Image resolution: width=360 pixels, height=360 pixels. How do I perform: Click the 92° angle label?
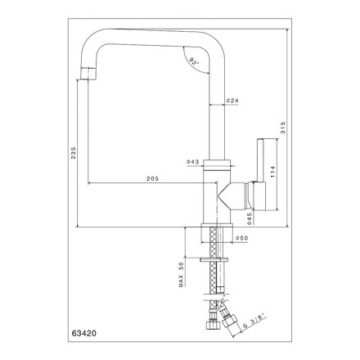pos(194,61)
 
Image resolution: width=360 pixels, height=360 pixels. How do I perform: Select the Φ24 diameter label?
pos(232,101)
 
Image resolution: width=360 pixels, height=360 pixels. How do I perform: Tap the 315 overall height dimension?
pos(283,128)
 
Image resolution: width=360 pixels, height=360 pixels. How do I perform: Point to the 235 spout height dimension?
pos(74,153)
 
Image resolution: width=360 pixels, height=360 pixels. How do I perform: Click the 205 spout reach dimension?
pos(153,178)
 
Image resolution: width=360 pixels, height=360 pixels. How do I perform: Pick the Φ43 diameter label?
pos(193,162)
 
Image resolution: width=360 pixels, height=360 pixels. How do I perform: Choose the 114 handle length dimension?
pos(273,172)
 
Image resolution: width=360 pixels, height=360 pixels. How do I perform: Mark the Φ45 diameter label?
pos(250,218)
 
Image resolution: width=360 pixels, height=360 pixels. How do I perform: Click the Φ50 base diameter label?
pos(242,238)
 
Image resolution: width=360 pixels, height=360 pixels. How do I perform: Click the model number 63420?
pos(84,333)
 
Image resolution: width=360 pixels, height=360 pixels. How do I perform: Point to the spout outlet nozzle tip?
pos(88,74)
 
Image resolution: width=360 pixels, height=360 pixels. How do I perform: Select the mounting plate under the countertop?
pos(214,259)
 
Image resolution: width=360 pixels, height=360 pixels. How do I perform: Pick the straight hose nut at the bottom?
pos(212,325)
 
